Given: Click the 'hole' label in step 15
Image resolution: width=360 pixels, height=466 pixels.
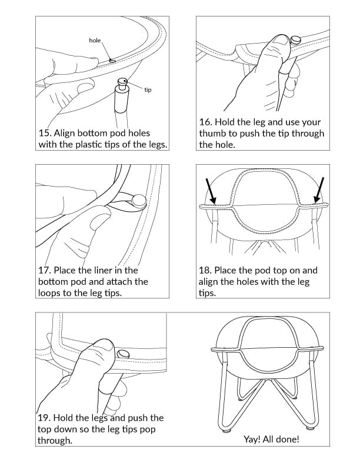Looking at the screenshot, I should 95,40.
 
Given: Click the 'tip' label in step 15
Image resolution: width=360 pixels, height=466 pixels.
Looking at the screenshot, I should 148,89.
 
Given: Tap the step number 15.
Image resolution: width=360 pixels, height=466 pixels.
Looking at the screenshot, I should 45,132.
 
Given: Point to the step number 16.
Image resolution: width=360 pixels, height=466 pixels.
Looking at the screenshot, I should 205,122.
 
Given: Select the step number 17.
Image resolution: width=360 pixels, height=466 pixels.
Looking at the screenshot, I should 45,271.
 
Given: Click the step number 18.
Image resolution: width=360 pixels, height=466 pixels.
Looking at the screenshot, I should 205,271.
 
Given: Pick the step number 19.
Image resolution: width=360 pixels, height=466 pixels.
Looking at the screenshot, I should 45,418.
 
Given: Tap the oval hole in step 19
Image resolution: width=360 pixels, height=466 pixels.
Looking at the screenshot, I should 124,354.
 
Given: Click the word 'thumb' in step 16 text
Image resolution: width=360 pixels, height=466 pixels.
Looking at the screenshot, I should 214,134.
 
